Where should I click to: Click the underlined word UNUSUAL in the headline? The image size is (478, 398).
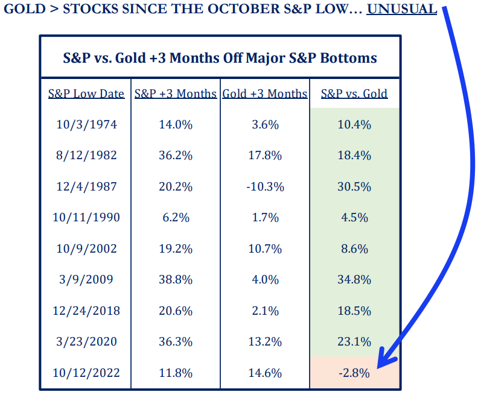(x=401, y=10)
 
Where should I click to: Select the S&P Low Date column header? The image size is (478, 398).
(x=86, y=93)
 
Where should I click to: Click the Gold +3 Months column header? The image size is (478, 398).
(x=265, y=93)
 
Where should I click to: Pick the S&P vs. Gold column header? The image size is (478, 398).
(x=354, y=93)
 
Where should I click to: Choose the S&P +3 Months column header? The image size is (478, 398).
(x=176, y=93)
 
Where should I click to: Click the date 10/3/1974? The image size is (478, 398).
(x=86, y=124)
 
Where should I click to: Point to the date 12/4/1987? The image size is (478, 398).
(x=86, y=186)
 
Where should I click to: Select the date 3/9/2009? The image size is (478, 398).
(x=86, y=279)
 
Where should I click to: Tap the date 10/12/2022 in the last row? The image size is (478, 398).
(x=86, y=373)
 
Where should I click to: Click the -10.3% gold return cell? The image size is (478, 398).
(x=265, y=186)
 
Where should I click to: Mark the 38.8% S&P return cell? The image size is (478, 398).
(x=176, y=279)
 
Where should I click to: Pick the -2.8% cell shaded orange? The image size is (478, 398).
(x=354, y=373)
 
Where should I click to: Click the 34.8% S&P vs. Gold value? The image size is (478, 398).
(x=354, y=279)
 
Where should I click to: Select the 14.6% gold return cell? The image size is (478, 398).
(x=265, y=373)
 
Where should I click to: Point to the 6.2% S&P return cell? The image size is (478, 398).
(x=176, y=217)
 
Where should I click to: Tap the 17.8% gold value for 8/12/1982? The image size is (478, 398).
(x=265, y=155)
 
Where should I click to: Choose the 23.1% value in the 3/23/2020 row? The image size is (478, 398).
(x=354, y=341)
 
